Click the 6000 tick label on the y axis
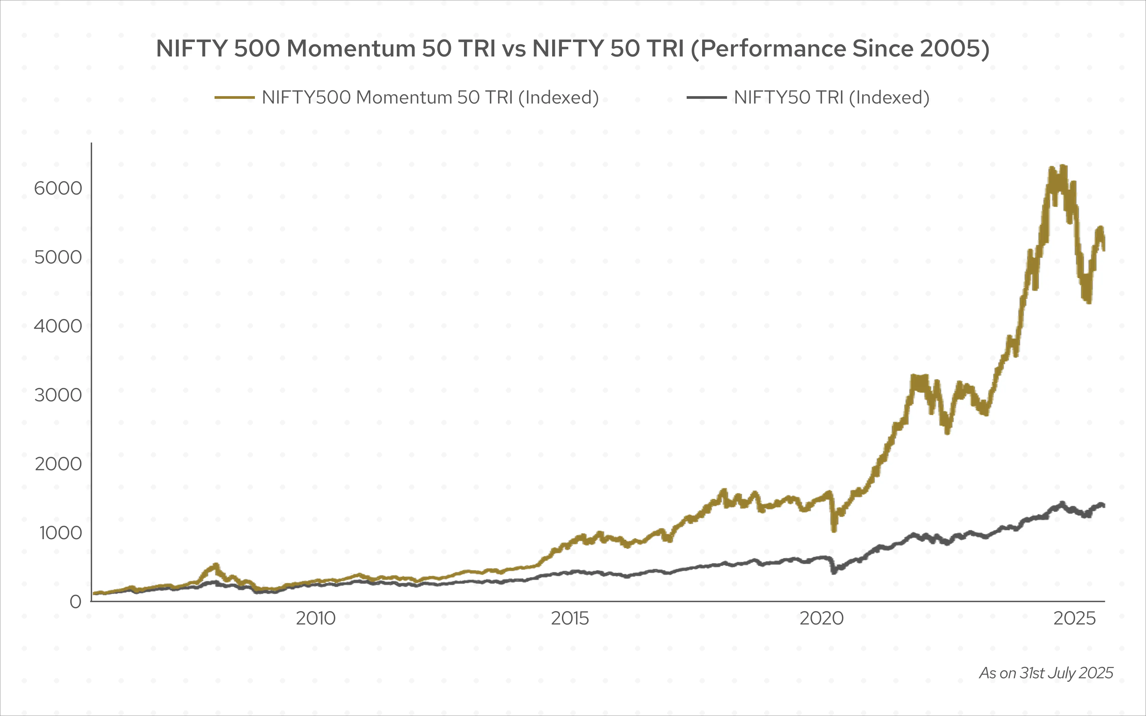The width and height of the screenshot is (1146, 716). (58, 189)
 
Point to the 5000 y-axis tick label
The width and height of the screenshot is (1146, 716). (58, 257)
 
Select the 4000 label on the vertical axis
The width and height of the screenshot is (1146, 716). (58, 326)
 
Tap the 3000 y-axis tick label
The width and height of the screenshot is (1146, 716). (58, 395)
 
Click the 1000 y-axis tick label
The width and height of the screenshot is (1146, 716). (60, 533)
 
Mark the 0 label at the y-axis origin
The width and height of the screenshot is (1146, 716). (75, 602)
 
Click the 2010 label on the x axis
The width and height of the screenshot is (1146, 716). (315, 619)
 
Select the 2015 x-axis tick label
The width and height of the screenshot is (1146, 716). (570, 619)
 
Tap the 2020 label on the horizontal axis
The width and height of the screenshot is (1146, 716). (822, 619)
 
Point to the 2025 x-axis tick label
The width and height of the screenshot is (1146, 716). (1074, 619)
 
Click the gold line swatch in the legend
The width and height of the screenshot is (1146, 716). (234, 97)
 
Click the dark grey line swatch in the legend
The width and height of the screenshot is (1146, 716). (706, 97)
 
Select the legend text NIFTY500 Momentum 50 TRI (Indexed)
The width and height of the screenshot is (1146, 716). (430, 97)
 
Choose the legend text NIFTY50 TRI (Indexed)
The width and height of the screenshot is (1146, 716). (832, 97)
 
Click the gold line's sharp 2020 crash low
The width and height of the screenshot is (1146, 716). (834, 530)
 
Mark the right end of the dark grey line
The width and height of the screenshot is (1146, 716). (1104, 506)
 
